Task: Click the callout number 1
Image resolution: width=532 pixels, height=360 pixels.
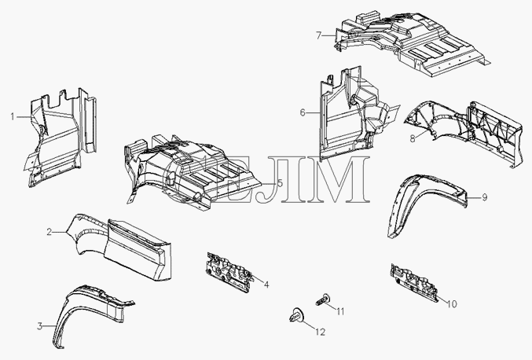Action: coord(13,117)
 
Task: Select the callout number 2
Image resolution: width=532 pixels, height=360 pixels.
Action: coord(50,232)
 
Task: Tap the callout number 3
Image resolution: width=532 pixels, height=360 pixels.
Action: coord(40,326)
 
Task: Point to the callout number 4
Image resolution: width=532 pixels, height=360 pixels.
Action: coord(266,285)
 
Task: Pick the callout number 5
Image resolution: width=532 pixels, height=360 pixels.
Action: coord(280,183)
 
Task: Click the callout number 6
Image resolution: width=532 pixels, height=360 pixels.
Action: coord(303,112)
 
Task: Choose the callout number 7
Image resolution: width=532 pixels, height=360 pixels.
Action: coord(318,35)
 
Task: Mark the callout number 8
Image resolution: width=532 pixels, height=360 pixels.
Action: coord(413,138)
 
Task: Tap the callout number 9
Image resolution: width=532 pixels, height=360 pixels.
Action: coord(485,197)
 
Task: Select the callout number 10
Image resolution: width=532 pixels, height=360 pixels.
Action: coord(452,304)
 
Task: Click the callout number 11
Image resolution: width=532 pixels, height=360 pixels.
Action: coord(340,311)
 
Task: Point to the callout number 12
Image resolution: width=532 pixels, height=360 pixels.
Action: coord(321,332)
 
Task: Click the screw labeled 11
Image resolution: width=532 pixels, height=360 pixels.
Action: coord(323,299)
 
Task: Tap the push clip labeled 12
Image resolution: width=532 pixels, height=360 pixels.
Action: coord(295,315)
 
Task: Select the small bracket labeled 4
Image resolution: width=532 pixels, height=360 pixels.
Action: coord(229,271)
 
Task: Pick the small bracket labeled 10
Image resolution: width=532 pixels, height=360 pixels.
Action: coord(414,282)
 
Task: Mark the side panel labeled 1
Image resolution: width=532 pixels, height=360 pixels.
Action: coord(61,139)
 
